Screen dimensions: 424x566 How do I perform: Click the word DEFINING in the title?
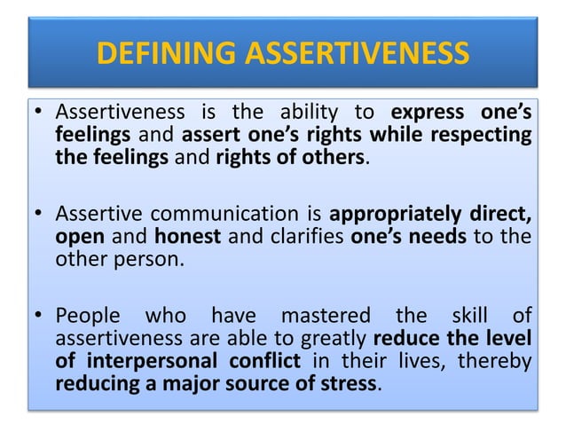pos(167,54)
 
